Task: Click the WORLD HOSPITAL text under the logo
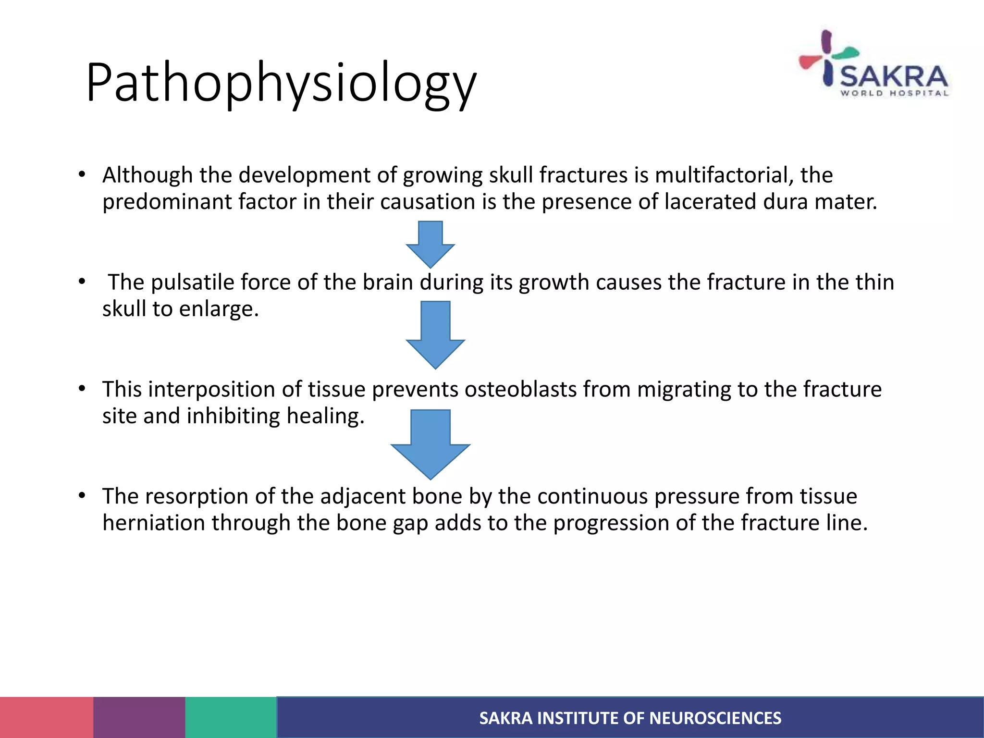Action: pyautogui.click(x=894, y=94)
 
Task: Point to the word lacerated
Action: pyautogui.click(x=710, y=202)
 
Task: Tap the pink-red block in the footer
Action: pyautogui.click(x=47, y=717)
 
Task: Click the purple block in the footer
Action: pyautogui.click(x=139, y=717)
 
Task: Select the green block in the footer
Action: pyautogui.click(x=231, y=717)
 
